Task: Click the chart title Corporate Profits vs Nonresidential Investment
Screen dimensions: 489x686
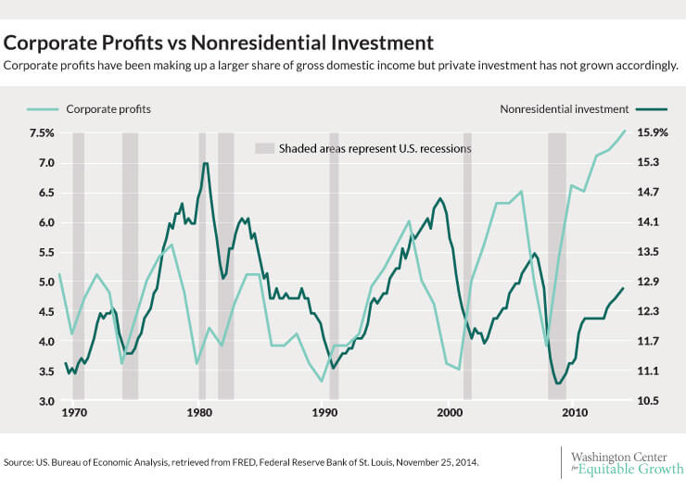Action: pyautogui.click(x=219, y=43)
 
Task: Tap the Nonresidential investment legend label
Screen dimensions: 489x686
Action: pyautogui.click(x=564, y=109)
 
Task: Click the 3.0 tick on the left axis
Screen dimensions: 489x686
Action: pyautogui.click(x=44, y=402)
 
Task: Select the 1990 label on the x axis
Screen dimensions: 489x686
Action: pyautogui.click(x=324, y=412)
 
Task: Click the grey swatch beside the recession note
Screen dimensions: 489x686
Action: pyautogui.click(x=265, y=148)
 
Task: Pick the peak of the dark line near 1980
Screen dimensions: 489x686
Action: pyautogui.click(x=206, y=163)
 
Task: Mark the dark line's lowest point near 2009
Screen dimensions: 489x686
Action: pyautogui.click(x=558, y=382)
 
